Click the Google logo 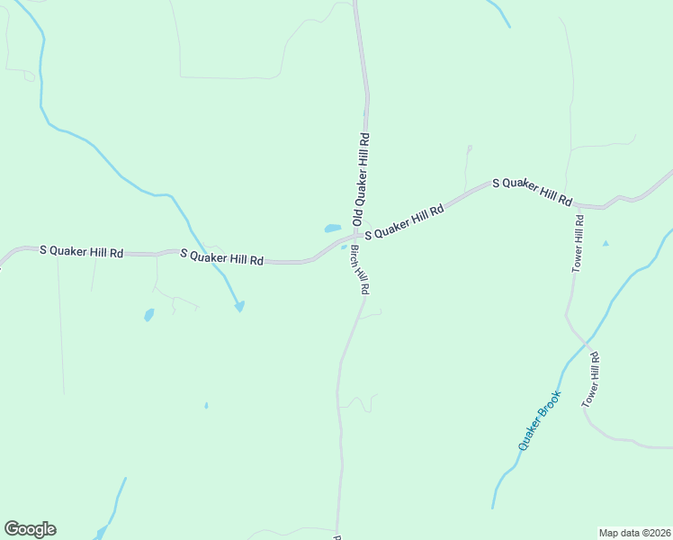pos(30,529)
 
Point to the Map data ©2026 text pos(635,533)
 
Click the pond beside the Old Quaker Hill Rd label pos(332,229)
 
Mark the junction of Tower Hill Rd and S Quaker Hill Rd pos(576,206)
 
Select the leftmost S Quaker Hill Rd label pos(81,252)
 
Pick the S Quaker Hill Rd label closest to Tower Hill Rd pos(532,190)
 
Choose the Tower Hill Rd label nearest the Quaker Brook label pos(590,381)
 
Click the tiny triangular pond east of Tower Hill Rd pos(606,243)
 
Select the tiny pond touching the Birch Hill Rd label pos(344,248)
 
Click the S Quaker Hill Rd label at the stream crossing pos(221,257)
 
